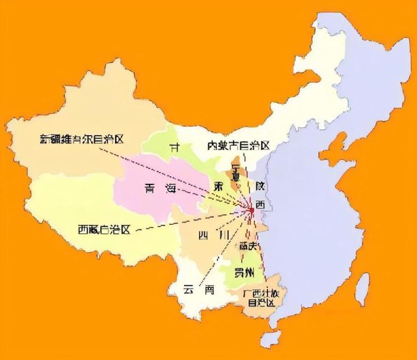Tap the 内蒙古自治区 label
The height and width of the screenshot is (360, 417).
(x=238, y=145)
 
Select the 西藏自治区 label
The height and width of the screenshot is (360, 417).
(x=104, y=229)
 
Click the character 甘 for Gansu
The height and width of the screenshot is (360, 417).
(x=174, y=148)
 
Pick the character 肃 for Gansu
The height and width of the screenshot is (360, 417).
(x=221, y=186)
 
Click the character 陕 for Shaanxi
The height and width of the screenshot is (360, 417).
(x=260, y=185)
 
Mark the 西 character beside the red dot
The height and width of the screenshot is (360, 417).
(x=260, y=205)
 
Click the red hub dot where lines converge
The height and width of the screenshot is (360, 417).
(x=251, y=209)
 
